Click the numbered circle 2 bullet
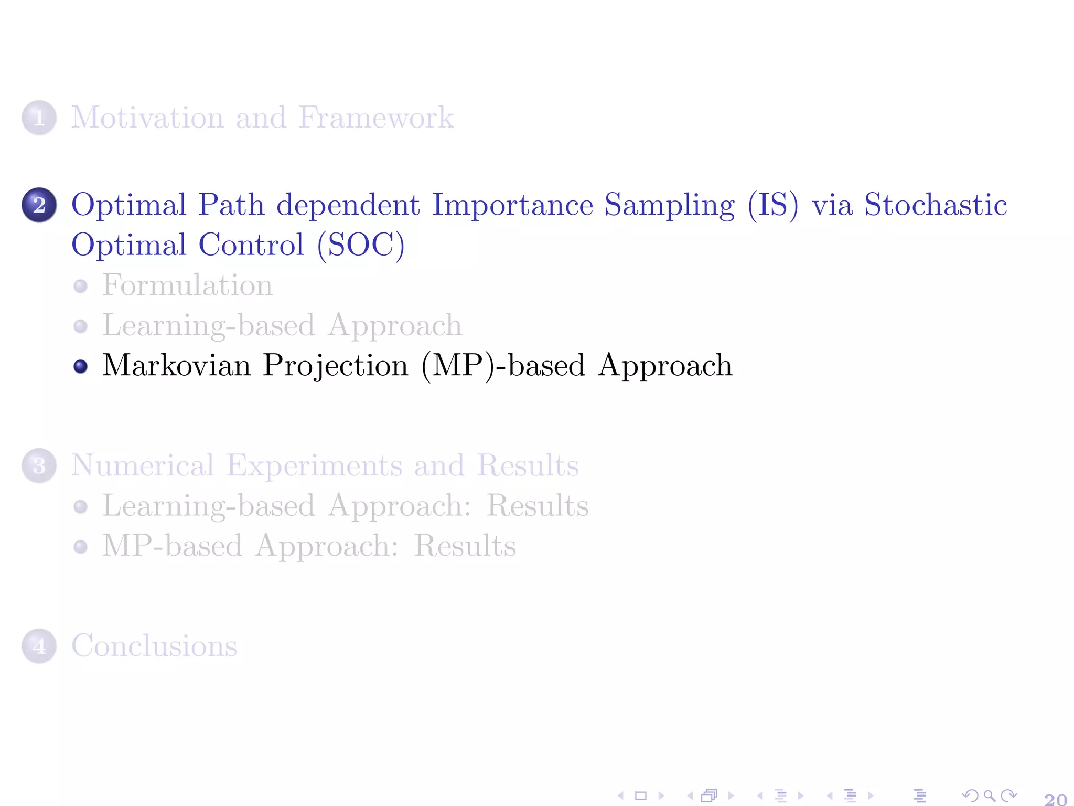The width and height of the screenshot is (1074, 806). (39, 205)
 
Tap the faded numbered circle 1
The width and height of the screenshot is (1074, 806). (39, 118)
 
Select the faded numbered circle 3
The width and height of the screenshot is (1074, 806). (39, 465)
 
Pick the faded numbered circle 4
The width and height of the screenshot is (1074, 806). (39, 646)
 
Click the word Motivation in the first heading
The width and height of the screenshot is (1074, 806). (147, 118)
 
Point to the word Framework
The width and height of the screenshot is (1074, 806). (376, 118)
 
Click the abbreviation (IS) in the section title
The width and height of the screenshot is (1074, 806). (773, 205)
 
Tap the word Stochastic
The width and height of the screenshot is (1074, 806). (936, 205)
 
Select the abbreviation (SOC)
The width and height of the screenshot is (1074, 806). (361, 245)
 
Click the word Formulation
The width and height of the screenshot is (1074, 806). (187, 285)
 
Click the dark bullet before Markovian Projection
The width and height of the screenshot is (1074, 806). (80, 366)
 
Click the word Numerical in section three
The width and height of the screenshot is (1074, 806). (143, 465)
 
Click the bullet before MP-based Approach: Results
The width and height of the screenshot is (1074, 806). (80, 547)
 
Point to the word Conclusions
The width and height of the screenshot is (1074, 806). (154, 646)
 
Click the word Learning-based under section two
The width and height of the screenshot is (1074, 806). (208, 325)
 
